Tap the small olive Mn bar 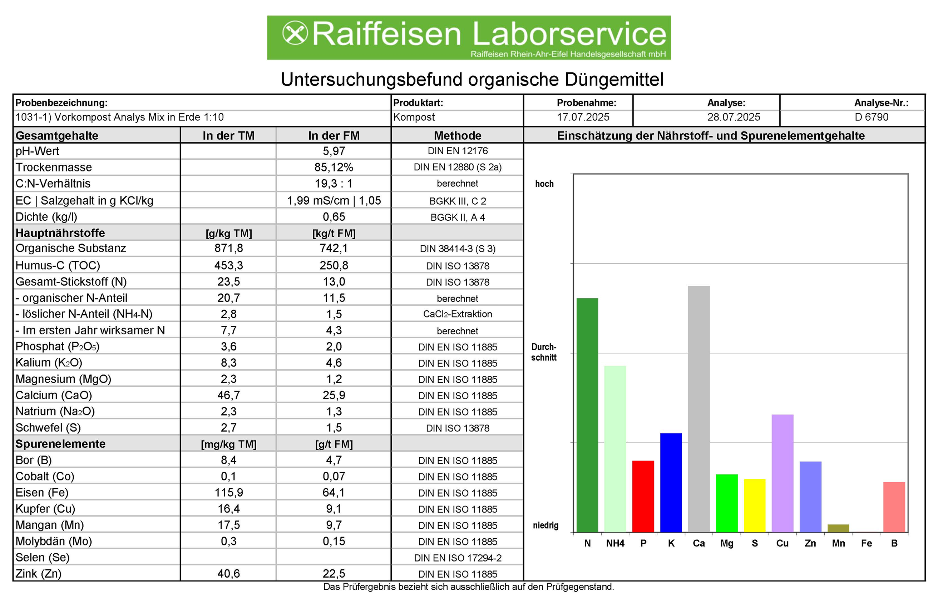click(838, 528)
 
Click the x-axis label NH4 click(615, 543)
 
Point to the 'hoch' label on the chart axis click(544, 184)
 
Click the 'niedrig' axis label click(545, 525)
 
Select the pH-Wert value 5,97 click(334, 151)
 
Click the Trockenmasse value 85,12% click(334, 168)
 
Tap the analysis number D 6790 click(871, 117)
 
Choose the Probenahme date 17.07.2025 click(583, 117)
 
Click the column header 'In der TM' click(228, 136)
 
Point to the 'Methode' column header click(458, 136)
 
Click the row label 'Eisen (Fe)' click(42, 493)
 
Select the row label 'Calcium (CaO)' click(54, 395)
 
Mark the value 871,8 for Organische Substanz click(228, 248)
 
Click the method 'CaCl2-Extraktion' click(458, 314)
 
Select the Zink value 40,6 click(228, 574)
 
